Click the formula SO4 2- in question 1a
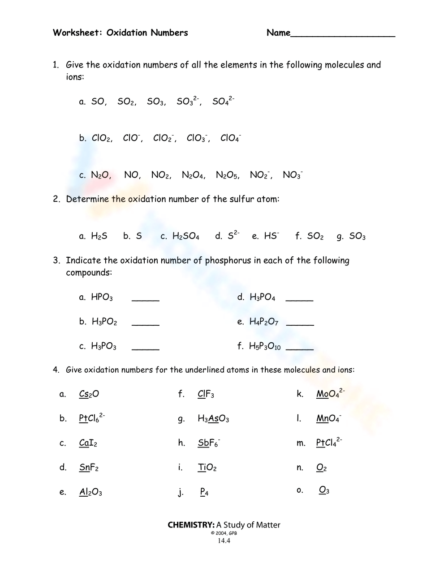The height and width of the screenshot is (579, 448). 223,101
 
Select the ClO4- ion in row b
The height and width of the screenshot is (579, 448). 230,138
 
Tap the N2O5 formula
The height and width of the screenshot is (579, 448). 227,175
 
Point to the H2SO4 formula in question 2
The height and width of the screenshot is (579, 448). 185,236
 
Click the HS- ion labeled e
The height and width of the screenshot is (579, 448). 271,236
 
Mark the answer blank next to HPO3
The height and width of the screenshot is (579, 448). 146,300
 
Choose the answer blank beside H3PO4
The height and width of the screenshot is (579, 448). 299,300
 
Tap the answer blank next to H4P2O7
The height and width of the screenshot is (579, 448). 300,324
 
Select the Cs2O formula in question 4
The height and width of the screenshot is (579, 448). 89,394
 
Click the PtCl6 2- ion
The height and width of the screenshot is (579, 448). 91,418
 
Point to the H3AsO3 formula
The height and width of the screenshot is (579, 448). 213,419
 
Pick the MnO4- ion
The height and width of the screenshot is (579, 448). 328,418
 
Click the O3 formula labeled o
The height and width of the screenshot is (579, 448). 324,490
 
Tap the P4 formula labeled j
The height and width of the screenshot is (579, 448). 204,492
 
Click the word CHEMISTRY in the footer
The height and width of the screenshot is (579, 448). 191,525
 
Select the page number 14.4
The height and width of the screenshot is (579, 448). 224,541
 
